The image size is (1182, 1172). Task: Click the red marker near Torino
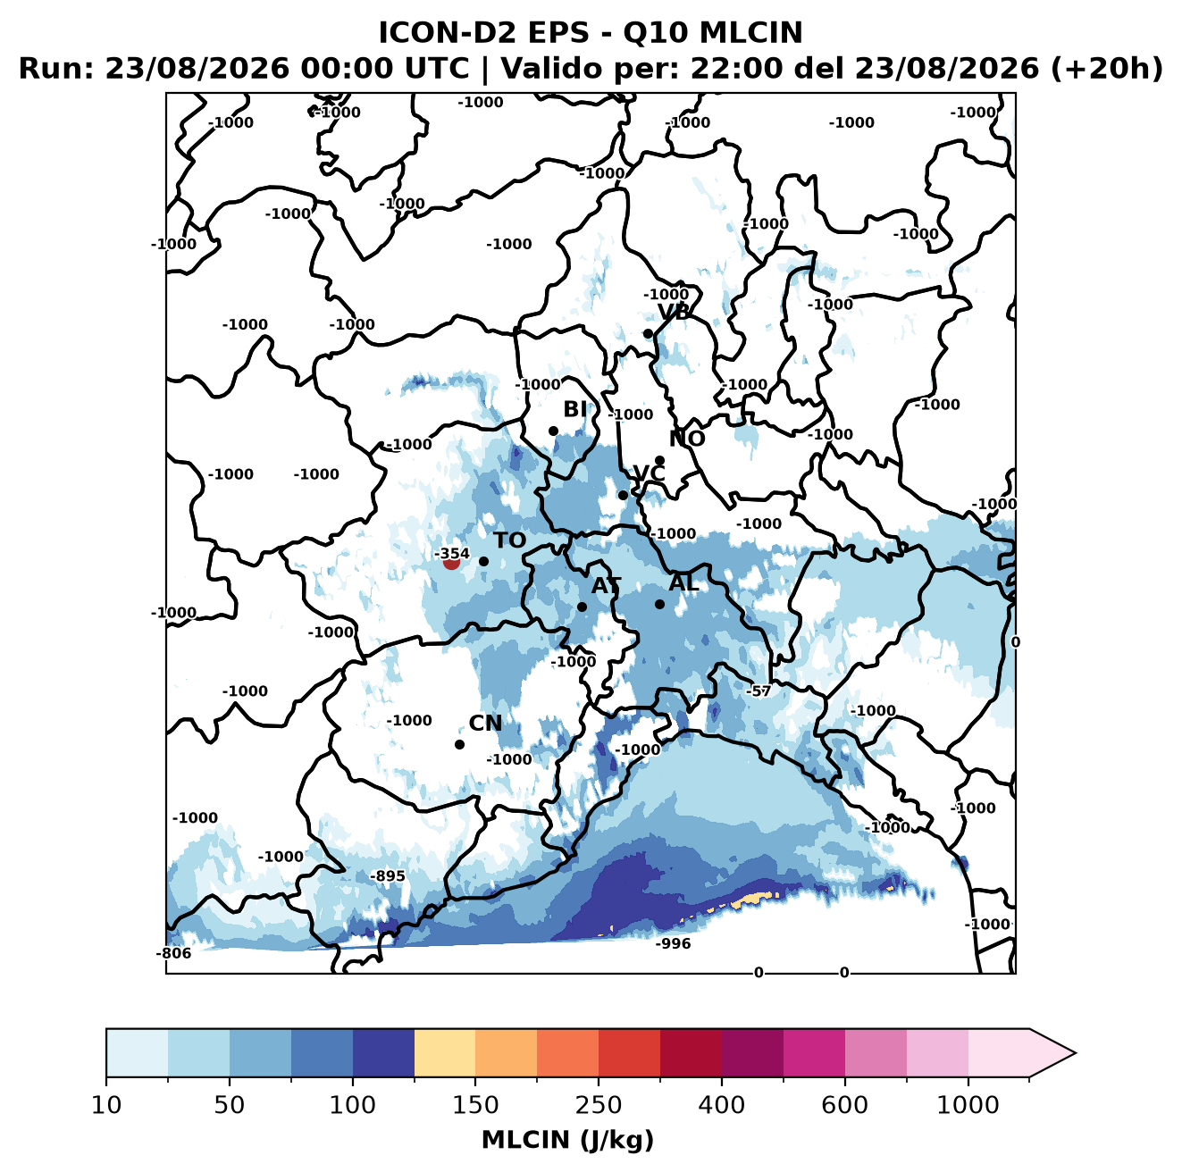(451, 563)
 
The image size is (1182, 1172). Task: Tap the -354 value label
(451, 553)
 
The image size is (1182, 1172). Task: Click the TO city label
(510, 540)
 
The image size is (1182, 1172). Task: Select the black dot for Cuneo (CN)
(459, 744)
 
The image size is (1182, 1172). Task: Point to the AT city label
(606, 586)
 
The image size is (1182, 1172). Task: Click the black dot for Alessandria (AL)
(659, 604)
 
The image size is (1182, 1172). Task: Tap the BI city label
(574, 409)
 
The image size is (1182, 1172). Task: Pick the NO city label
(686, 439)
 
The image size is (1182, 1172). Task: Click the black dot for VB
(648, 333)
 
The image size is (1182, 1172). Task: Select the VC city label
(649, 473)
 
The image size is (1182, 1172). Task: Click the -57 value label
(759, 691)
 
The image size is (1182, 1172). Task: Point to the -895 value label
(388, 876)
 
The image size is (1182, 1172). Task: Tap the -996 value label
(673, 943)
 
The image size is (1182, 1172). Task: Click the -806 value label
(173, 953)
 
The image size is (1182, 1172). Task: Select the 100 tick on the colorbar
(353, 1105)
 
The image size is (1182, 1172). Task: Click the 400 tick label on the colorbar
(722, 1105)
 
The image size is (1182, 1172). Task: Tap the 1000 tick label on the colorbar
(968, 1105)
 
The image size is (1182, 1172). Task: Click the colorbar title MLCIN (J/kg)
(568, 1140)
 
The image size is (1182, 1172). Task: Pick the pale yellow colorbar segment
(445, 1053)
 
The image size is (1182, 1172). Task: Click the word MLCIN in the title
(750, 32)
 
